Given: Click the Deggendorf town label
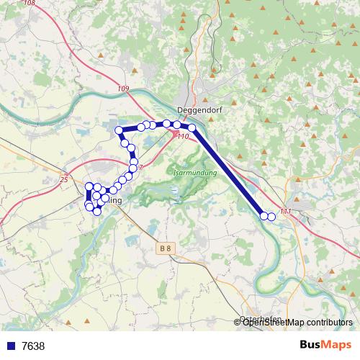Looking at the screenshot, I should point(197,109).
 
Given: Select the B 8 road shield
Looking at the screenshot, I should point(166,248).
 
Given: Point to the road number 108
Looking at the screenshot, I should point(29,4).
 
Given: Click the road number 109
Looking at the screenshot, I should point(122,88).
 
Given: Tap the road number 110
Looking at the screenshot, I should point(182,136).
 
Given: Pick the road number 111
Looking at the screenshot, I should point(286,211).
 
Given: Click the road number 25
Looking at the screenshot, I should point(63,179).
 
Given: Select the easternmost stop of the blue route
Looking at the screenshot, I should point(271,216).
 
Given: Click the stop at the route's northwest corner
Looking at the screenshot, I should point(120,130).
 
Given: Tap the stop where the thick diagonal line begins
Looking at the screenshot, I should point(192,128).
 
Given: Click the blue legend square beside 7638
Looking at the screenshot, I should point(9,346).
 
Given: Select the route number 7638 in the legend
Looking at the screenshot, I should point(33,346).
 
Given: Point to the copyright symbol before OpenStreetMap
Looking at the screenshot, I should point(238,323).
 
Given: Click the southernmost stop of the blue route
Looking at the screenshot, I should point(97,211).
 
